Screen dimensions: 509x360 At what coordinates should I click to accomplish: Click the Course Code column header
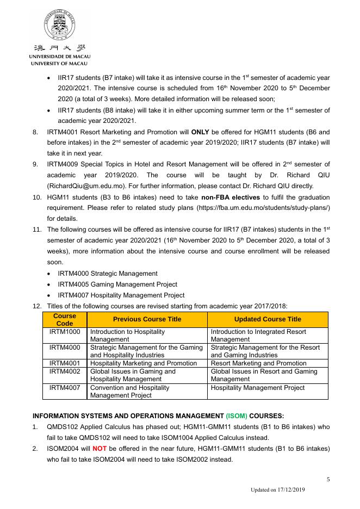65,319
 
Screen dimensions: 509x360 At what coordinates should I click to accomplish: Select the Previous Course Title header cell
147,319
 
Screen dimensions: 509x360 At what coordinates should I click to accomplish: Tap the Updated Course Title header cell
268,319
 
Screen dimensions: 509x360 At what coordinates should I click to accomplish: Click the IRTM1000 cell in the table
65,331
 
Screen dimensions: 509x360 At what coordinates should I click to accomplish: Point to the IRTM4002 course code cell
65,371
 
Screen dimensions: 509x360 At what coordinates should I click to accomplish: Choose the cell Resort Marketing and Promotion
258,363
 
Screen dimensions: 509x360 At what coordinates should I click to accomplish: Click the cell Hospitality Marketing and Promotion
144,363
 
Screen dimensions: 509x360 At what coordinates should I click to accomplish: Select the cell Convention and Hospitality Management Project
129,392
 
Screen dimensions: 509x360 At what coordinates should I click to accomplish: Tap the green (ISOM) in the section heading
236,416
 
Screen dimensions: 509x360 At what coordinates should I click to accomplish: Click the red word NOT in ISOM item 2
99,449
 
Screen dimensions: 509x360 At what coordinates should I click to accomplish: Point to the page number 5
328,479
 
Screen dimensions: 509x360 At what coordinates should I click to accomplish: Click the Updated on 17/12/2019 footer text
277,490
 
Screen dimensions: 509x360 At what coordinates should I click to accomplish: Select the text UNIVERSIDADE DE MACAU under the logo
60,57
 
